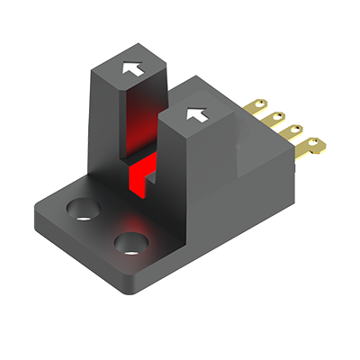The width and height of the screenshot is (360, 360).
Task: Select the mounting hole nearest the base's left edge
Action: tap(82, 210)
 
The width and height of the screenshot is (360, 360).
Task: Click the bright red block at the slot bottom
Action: tap(139, 175)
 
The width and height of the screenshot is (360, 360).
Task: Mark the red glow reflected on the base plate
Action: tap(135, 220)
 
